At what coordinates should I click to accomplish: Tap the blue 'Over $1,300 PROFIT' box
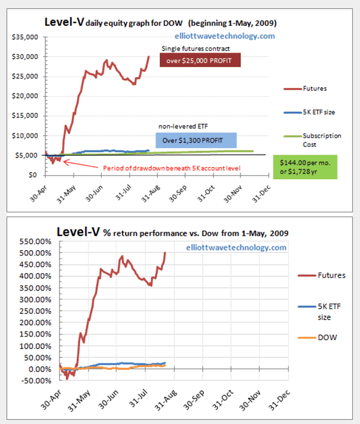click(196, 140)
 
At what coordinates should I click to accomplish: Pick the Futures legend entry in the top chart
click(321, 88)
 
